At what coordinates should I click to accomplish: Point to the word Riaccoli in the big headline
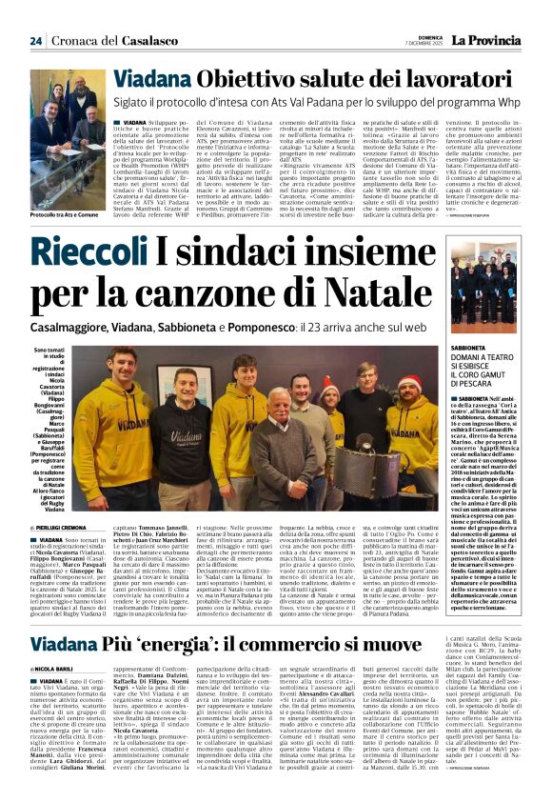tap(134, 251)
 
